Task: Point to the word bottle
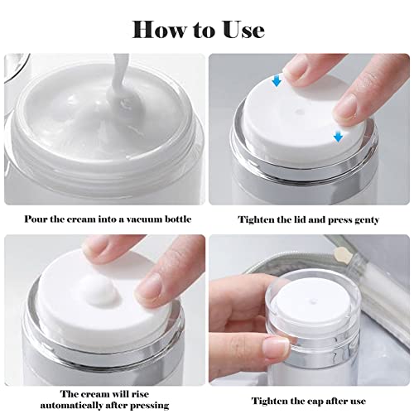[x=187, y=219]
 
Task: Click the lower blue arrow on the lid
[x=338, y=135]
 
